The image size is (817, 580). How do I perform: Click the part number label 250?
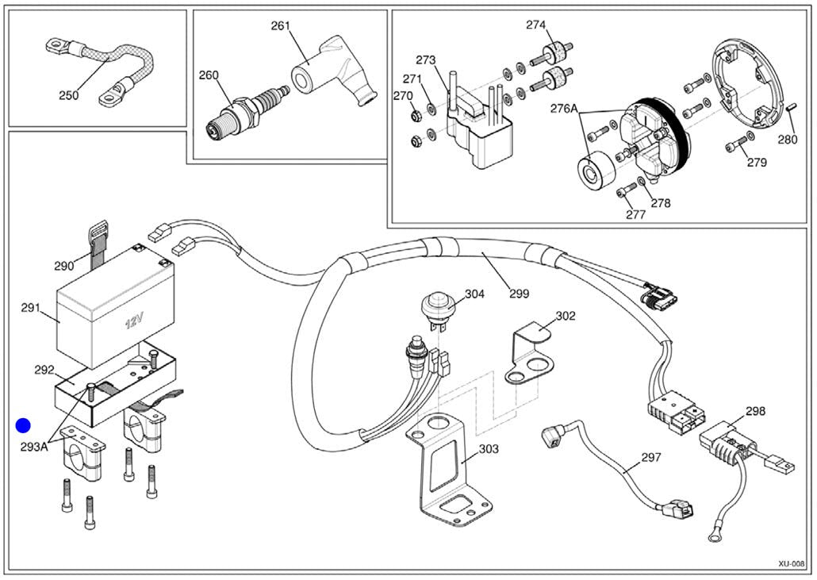[69, 95]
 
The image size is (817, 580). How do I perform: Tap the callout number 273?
[426, 60]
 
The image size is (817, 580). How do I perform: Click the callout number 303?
[489, 448]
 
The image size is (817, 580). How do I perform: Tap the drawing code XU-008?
[792, 564]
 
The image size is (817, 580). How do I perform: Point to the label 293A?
[34, 447]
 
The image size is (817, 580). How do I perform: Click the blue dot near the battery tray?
[23, 426]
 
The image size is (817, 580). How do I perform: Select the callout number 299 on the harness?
[519, 294]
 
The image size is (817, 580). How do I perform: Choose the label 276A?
[564, 109]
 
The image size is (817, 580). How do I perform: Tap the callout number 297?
[651, 457]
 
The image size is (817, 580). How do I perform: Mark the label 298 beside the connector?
[755, 411]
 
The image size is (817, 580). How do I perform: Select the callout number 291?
[31, 308]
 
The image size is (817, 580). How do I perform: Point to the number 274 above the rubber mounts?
[535, 25]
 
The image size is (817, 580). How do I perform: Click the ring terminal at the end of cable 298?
[715, 536]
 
